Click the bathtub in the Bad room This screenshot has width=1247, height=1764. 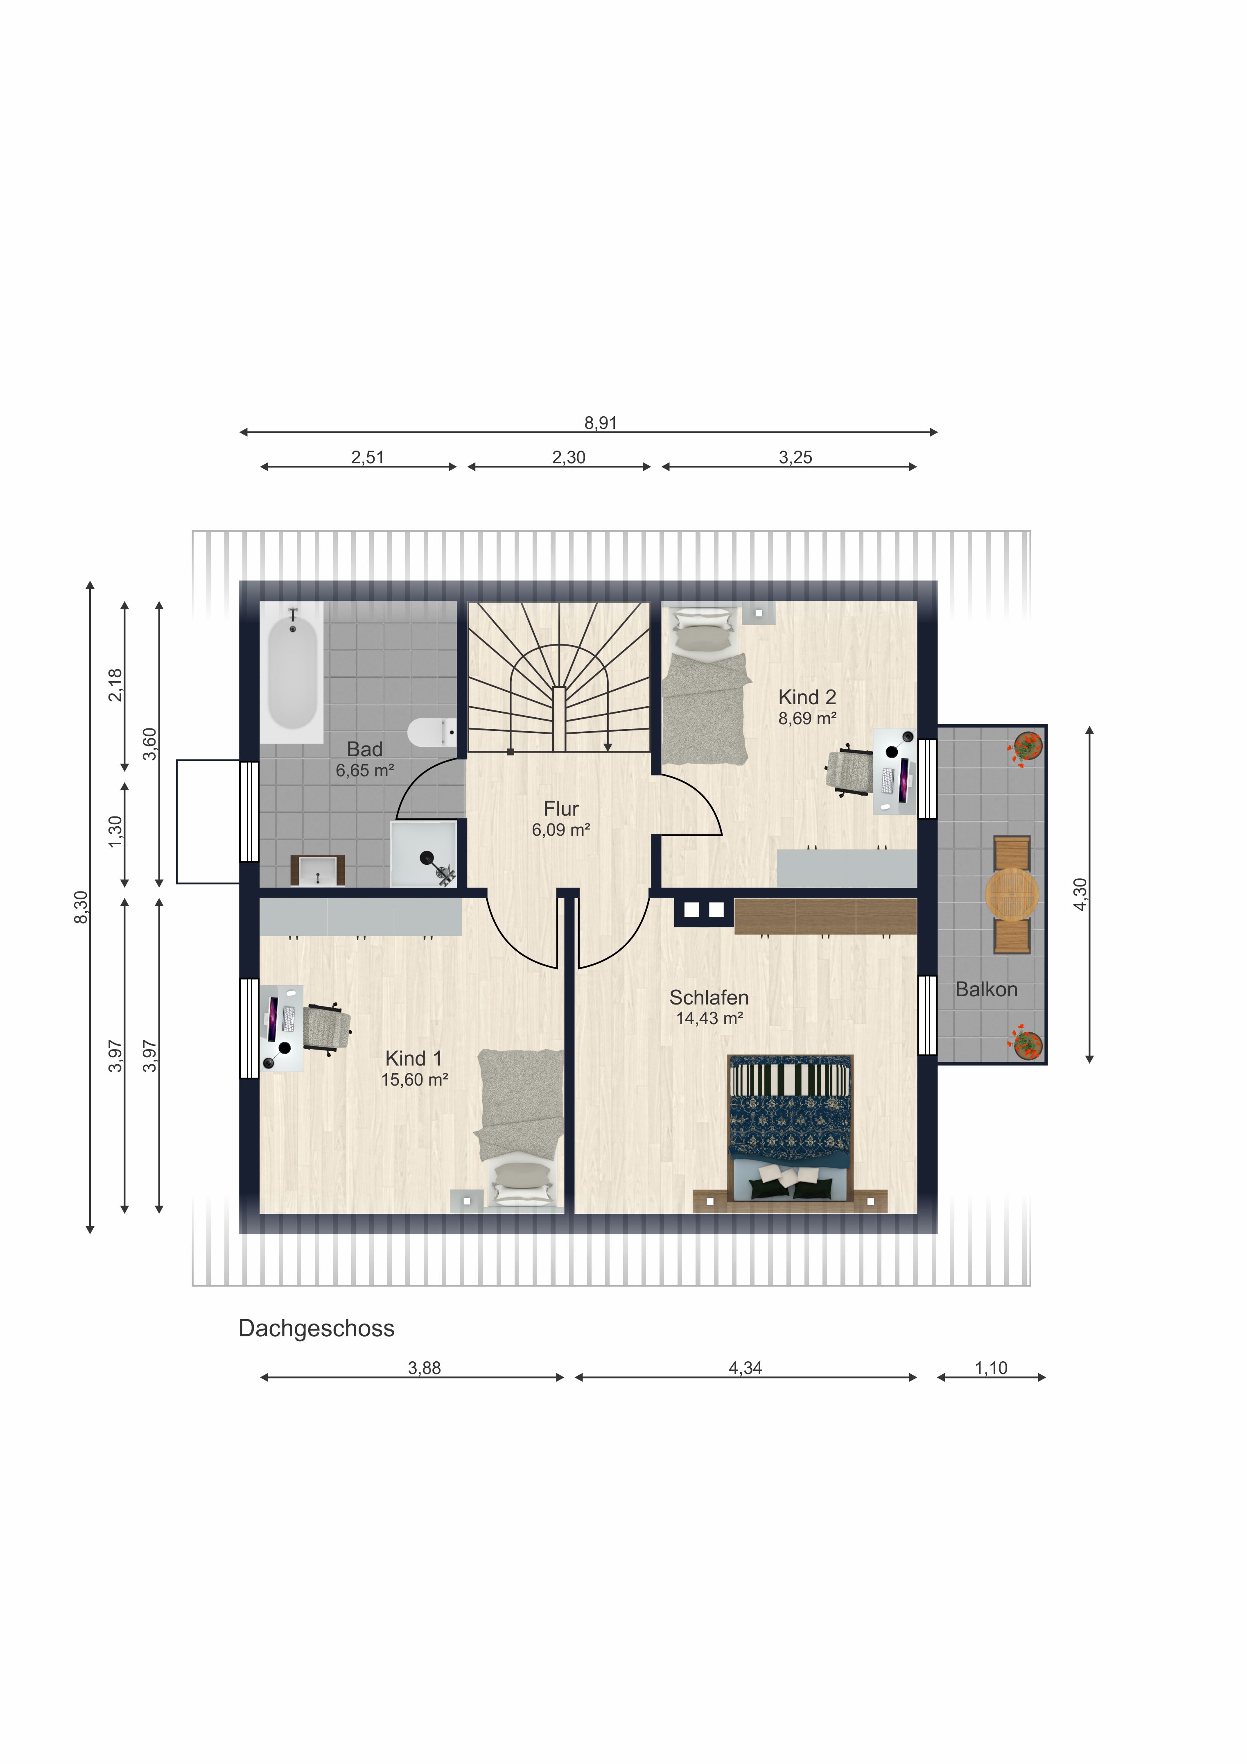[292, 672]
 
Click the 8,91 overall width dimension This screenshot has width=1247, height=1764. [601, 422]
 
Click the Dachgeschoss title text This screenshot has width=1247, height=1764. [316, 1329]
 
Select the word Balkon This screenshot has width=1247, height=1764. [987, 990]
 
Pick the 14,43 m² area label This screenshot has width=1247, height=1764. [709, 1019]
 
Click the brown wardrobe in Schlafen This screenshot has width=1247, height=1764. [825, 916]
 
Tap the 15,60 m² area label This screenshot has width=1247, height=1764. [415, 1080]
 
